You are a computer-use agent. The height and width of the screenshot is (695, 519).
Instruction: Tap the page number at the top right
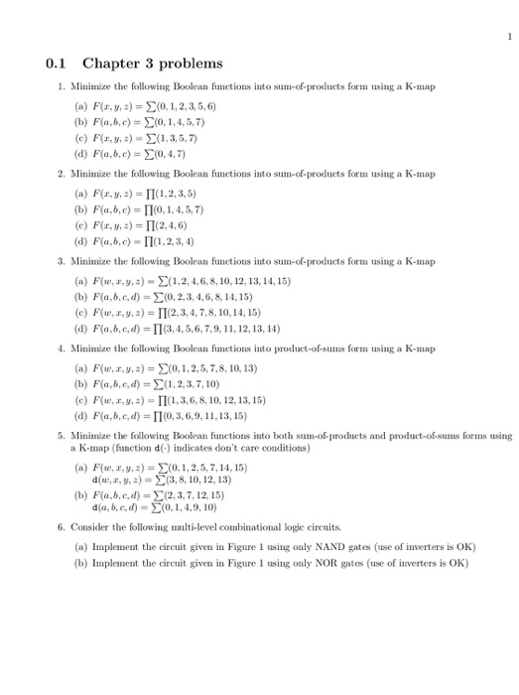[x=508, y=37]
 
